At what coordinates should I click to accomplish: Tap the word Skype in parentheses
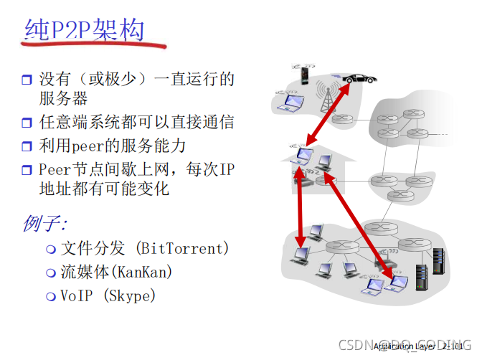[x=130, y=295]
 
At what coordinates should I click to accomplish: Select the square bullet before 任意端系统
[x=27, y=123]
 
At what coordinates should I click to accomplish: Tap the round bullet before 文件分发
[x=50, y=250]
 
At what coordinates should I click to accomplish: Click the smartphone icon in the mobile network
[x=304, y=74]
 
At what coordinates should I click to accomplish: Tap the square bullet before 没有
[x=27, y=80]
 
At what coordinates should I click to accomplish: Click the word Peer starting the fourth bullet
[x=55, y=170]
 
